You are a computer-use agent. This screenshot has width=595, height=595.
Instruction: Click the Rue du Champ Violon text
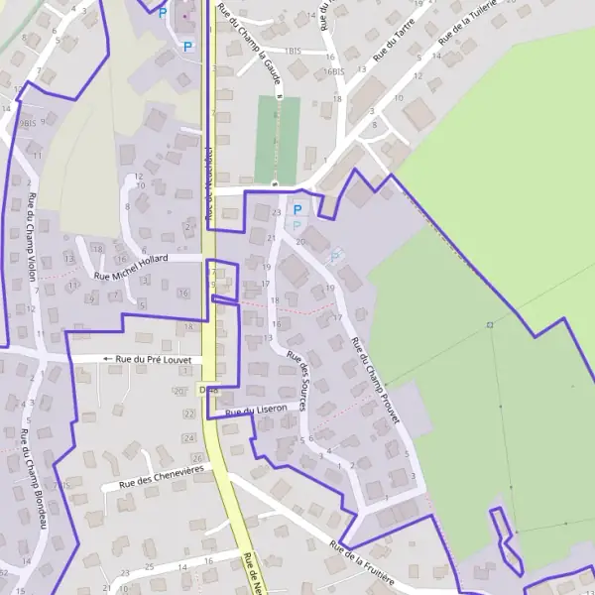tap(32, 237)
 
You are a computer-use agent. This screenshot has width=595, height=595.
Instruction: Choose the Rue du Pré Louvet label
tap(153, 359)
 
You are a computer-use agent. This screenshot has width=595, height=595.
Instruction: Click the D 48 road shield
tap(207, 390)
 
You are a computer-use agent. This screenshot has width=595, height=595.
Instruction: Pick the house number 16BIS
tap(332, 71)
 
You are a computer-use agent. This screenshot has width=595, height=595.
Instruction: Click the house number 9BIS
tap(26, 122)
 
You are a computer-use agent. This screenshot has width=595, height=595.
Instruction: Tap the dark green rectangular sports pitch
tap(277, 139)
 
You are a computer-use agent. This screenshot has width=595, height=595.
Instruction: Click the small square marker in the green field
tap(490, 324)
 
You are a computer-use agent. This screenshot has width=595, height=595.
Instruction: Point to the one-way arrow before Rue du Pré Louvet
tap(107, 358)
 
